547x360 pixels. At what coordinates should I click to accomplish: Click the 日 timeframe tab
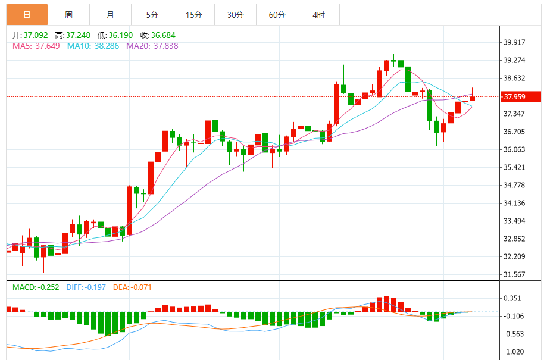[27, 15]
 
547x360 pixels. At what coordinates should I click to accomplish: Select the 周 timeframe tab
[68, 15]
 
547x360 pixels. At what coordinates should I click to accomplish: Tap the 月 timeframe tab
[110, 15]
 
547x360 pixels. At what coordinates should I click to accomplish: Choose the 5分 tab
[152, 15]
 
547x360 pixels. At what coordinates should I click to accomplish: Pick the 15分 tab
[193, 15]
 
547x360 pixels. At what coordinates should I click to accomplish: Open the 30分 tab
[235, 15]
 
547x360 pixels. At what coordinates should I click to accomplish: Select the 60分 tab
[277, 15]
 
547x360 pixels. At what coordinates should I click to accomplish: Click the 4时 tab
[318, 15]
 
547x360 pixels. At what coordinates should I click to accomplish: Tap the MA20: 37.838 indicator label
[152, 46]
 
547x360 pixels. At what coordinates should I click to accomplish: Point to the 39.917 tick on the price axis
[515, 42]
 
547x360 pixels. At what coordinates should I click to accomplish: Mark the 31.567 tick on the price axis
[515, 274]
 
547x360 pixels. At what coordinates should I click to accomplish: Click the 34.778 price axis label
[515, 185]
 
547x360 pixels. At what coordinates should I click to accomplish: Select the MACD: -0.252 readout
[36, 287]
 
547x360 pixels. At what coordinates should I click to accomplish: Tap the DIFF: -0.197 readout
[86, 287]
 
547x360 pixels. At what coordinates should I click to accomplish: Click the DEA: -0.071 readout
[133, 287]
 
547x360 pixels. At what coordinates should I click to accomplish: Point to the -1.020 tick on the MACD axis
[514, 351]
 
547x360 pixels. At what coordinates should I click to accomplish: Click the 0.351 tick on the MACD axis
[514, 298]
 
